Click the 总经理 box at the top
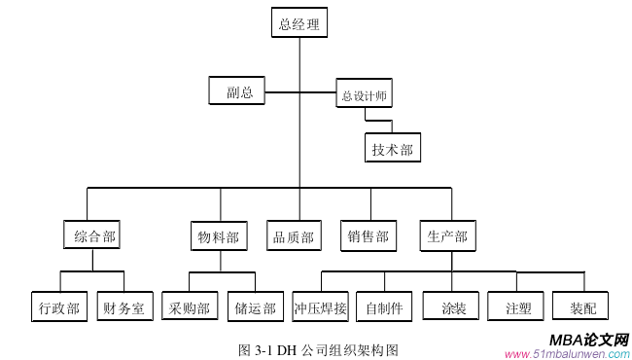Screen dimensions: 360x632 [299, 24]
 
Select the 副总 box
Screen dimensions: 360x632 [238, 91]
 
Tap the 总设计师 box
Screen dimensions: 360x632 [367, 94]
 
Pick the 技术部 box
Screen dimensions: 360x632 [392, 149]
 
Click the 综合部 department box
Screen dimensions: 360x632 [95, 236]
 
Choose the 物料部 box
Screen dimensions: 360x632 [218, 236]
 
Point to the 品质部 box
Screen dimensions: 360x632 [294, 236]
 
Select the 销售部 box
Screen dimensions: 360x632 [369, 236]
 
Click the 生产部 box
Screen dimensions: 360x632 [447, 235]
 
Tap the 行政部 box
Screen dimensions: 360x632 [58, 307]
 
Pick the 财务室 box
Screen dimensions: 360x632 [123, 307]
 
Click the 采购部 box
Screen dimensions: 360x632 [189, 307]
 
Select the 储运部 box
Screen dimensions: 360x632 [255, 307]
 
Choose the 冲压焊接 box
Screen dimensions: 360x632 [321, 307]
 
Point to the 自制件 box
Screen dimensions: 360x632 [385, 307]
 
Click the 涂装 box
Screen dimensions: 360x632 [451, 307]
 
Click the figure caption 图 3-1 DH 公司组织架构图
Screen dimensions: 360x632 [318, 348]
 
